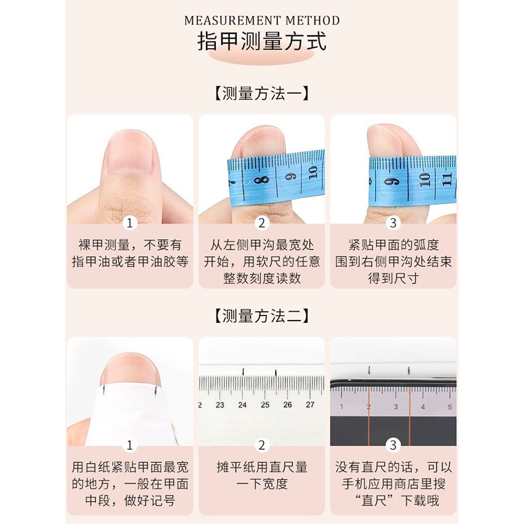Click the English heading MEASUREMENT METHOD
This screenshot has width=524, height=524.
(x=262, y=20)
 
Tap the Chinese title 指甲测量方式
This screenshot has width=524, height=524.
(x=262, y=42)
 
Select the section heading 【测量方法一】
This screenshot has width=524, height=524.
(x=262, y=94)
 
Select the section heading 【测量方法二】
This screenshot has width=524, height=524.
(x=262, y=316)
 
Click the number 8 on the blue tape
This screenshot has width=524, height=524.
(x=264, y=181)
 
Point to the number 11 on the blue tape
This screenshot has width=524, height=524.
(x=447, y=179)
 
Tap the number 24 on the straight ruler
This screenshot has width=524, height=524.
(x=242, y=405)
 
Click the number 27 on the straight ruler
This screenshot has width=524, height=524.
(x=310, y=405)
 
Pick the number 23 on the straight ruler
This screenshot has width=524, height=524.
(x=220, y=405)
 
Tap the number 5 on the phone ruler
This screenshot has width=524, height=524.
(x=450, y=407)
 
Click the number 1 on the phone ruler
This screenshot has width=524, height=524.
(x=342, y=407)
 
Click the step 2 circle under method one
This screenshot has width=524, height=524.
(x=261, y=223)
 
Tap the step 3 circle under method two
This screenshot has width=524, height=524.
(x=393, y=445)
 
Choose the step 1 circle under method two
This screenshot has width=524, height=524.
(x=129, y=445)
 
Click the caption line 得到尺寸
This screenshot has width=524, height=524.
(x=393, y=278)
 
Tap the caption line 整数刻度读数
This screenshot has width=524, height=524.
(x=261, y=278)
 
